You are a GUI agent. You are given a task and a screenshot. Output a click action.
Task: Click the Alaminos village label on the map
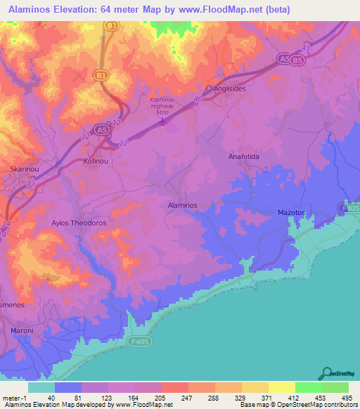pyautogui.click(x=182, y=204)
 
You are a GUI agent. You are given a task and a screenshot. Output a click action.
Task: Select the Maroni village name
pyautogui.click(x=22, y=330)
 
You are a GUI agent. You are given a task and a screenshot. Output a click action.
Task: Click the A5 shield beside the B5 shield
pyautogui.click(x=283, y=59)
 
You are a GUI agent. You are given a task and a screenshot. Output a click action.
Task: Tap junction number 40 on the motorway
pyautogui.click(x=198, y=100)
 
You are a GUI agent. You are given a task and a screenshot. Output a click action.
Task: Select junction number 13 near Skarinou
pyautogui.click(x=30, y=182)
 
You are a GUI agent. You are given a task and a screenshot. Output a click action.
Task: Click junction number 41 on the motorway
pyautogui.click(x=305, y=48)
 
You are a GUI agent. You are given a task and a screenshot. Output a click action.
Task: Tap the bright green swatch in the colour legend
pyautogui.click(x=309, y=387)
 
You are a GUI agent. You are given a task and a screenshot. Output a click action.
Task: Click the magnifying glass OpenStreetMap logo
pyautogui.click(x=326, y=373)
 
